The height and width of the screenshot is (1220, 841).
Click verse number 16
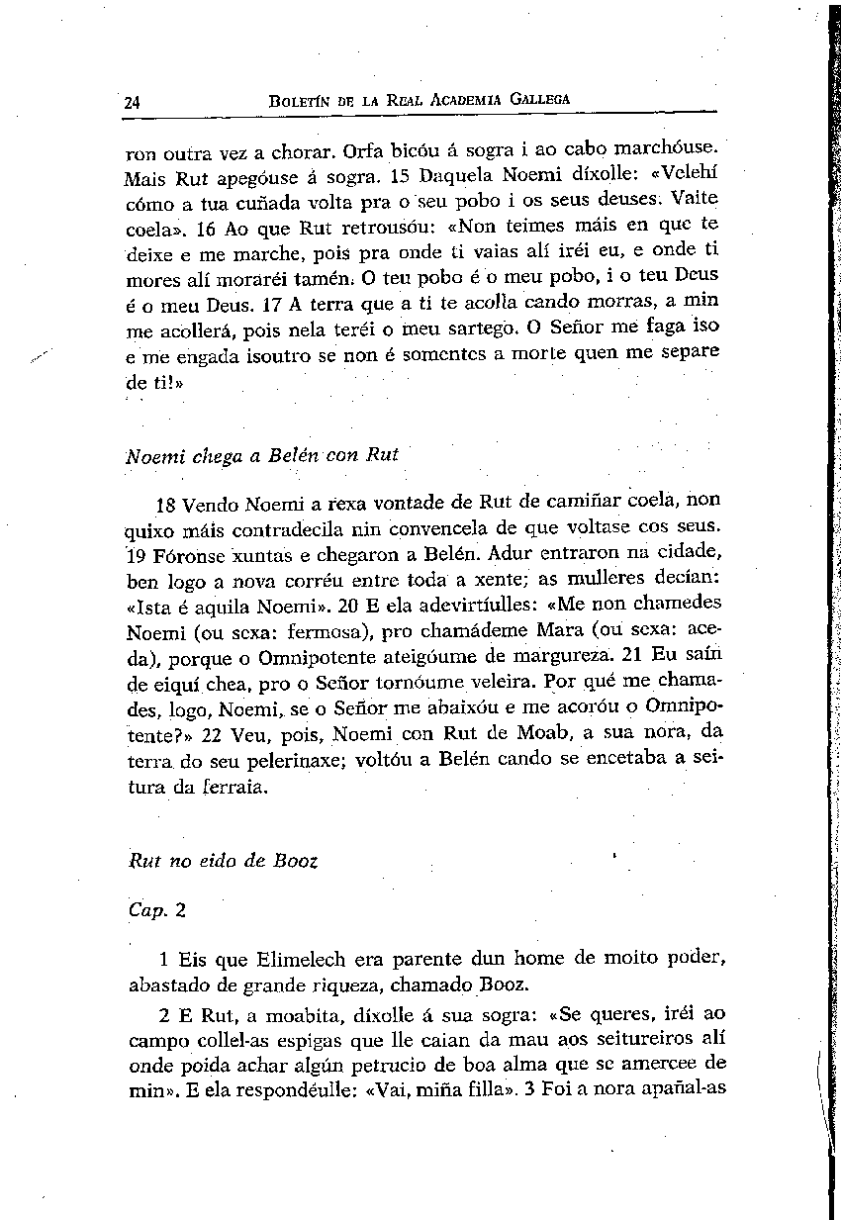tap(206, 231)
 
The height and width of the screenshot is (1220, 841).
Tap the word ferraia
tap(234, 788)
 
